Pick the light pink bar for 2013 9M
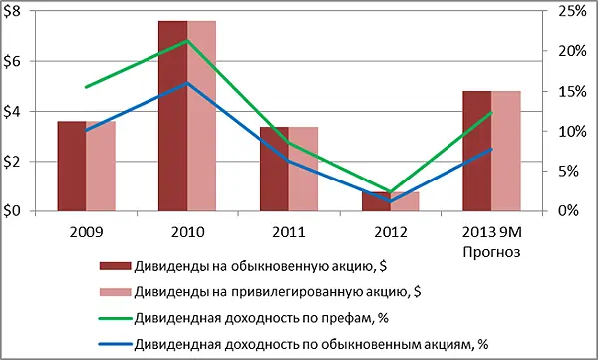[x=506, y=151]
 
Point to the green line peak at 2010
[x=187, y=41]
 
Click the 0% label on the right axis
[x=562, y=211]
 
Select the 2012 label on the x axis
[x=390, y=231]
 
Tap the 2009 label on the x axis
[x=85, y=231]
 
